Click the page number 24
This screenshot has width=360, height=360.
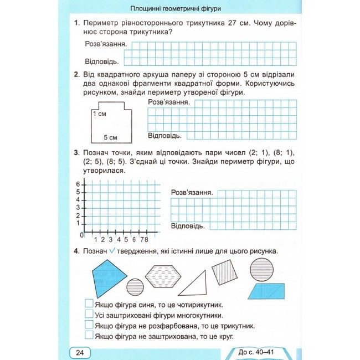(79, 352)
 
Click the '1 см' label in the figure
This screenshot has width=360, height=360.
(100, 113)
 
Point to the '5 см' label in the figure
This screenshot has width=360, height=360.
(111, 137)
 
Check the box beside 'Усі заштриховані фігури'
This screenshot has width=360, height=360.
(89, 315)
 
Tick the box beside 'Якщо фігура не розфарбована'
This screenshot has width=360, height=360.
(89, 325)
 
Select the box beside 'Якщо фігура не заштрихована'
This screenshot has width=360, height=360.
(89, 336)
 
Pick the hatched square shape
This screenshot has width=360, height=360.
(224, 272)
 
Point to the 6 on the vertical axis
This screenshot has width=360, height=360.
(79, 184)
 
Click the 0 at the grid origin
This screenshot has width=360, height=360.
(81, 235)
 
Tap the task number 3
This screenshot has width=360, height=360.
(75, 153)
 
